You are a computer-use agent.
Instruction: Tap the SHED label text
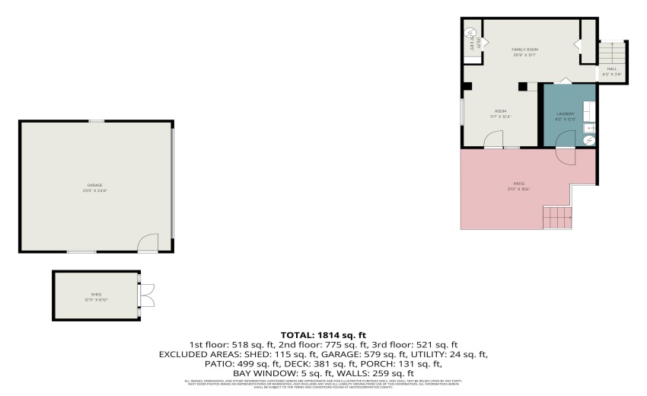pyautogui.click(x=96, y=294)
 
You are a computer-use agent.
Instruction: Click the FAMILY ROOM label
pyautogui.click(x=524, y=49)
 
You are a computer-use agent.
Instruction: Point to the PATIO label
pyautogui.click(x=518, y=185)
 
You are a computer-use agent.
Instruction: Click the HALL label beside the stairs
pyautogui.click(x=612, y=69)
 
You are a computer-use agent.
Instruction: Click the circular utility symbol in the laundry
pyautogui.click(x=588, y=141)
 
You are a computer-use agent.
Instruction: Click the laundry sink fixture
pyautogui.click(x=588, y=127)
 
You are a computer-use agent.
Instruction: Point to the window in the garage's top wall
pyautogui.click(x=97, y=121)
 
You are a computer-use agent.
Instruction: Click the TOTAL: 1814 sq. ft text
pyautogui.click(x=323, y=334)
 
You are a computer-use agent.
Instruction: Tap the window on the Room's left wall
pyautogui.click(x=461, y=113)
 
